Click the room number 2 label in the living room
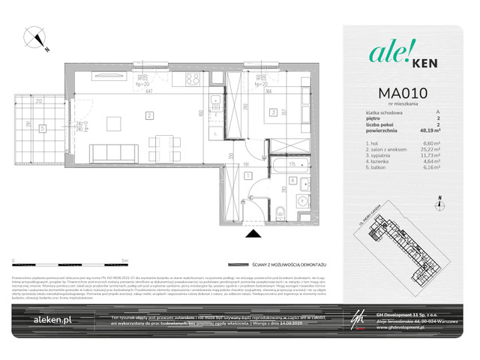pyautogui.click(x=150, y=115)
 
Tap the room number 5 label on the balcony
pyautogui.click(x=43, y=127)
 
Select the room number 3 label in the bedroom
pyautogui.click(x=274, y=113)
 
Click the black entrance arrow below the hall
pyautogui.click(x=250, y=232)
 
